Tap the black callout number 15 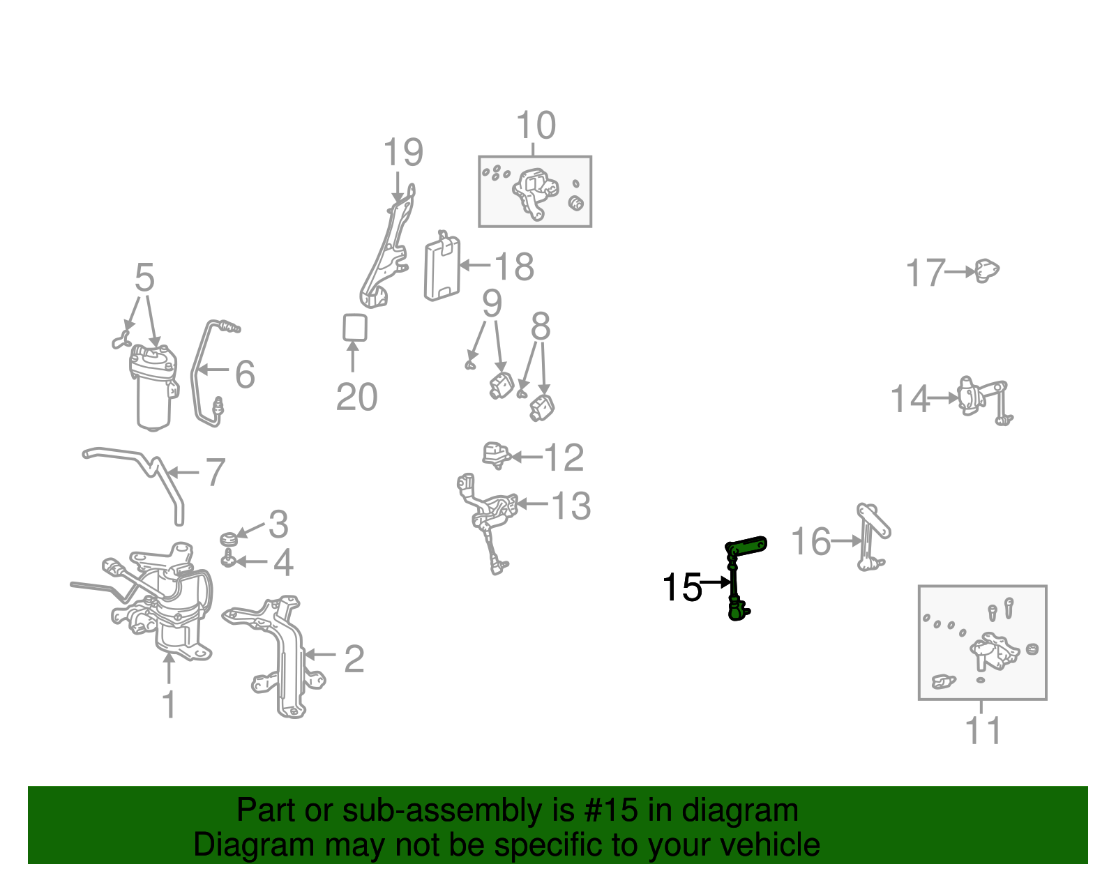tap(681, 587)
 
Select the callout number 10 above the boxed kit tap(536, 126)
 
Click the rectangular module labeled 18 tap(442, 268)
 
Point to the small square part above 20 tap(354, 327)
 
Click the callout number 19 tap(403, 153)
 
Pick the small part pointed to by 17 tap(986, 271)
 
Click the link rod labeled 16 tap(871, 536)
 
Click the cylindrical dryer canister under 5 tap(153, 391)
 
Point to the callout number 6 tap(245, 374)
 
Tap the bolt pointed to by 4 tap(228, 559)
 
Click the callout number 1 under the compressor tap(169, 704)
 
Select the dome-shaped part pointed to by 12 tap(495, 454)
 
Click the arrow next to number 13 tap(531, 504)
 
